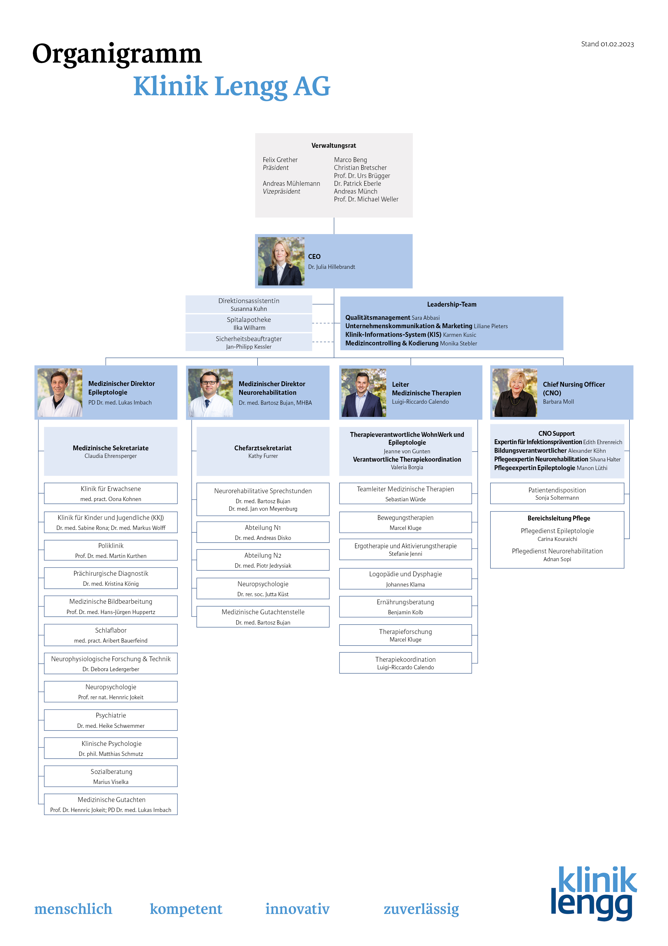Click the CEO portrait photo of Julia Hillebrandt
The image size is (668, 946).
point(281,261)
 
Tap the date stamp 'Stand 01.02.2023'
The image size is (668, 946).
point(607,44)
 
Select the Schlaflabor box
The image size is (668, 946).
point(111,635)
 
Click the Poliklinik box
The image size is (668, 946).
point(111,550)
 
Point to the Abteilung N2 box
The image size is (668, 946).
point(263,560)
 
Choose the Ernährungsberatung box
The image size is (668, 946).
point(405,606)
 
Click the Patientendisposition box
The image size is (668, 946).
point(557,493)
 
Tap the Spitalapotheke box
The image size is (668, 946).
point(249,323)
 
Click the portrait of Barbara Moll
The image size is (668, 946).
point(515,393)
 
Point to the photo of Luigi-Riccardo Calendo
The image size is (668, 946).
point(364,393)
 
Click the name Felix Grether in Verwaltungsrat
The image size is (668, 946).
point(280,160)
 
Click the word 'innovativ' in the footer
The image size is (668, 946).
point(297,909)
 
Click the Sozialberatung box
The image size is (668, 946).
point(111,776)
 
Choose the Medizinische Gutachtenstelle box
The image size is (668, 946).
point(263,617)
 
